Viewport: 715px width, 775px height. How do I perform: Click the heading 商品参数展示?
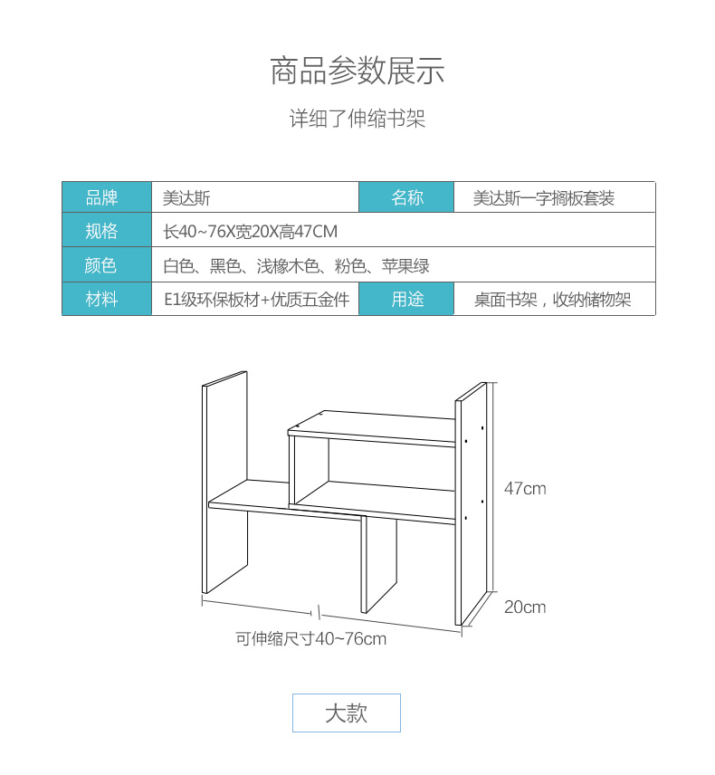pos(357,71)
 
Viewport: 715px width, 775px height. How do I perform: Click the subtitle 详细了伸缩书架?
pos(357,119)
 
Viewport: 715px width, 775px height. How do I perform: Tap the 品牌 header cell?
pos(107,197)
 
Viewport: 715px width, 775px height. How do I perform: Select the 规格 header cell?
pos(107,230)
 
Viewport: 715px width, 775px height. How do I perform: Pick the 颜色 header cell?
pos(107,265)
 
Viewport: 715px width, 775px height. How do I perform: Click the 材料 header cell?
pos(107,299)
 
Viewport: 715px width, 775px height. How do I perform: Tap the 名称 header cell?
pos(406,197)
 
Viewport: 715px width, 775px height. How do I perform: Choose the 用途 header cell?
pos(406,299)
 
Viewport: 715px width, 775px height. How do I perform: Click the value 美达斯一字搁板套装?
pos(544,198)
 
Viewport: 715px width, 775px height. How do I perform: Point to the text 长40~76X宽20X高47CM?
pos(251,231)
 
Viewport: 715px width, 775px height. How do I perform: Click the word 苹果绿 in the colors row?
pos(405,266)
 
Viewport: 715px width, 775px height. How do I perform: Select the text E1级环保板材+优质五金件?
pos(256,300)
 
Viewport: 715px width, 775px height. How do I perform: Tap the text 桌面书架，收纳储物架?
pos(552,300)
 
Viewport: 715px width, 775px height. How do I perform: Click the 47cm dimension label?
pos(525,489)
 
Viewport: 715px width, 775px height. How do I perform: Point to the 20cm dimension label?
pos(525,607)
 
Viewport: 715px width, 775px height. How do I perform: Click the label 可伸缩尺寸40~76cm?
pos(310,638)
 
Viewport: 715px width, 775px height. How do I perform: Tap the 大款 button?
pos(347,713)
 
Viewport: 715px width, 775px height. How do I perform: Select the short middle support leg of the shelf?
pos(379,565)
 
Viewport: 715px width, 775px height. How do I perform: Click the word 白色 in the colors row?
pos(179,266)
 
